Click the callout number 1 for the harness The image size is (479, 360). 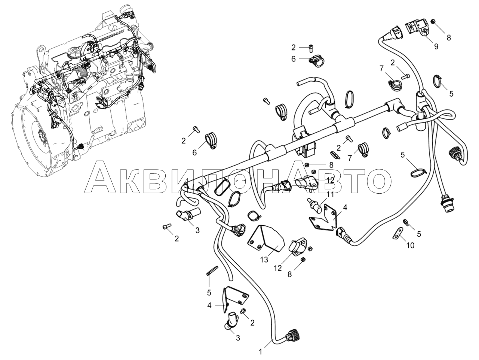[260, 352]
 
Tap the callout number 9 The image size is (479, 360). [436, 46]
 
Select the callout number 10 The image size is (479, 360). [411, 245]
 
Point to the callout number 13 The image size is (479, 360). [264, 260]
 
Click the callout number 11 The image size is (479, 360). [330, 194]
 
